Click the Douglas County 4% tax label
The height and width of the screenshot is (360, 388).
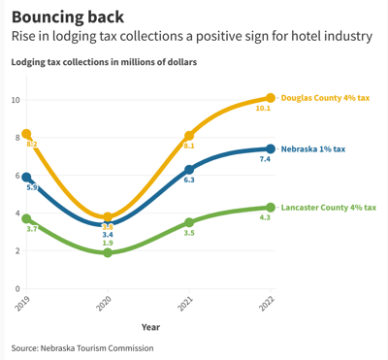point(325,98)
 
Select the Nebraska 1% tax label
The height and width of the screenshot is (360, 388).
point(312,149)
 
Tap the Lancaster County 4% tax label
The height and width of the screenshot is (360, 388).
point(328,208)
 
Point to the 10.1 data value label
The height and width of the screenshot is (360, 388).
point(262,109)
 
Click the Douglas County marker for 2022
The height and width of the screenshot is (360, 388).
point(271,98)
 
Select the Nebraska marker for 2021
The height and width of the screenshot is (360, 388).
point(189,170)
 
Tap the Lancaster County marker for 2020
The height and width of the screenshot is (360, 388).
point(108,252)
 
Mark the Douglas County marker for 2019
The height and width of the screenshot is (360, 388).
point(26,134)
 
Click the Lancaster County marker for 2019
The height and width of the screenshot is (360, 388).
point(26,219)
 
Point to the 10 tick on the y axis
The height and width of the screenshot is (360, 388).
point(16,100)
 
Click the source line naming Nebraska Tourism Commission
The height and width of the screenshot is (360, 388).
point(82,347)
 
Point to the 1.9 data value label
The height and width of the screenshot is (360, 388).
point(108,269)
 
